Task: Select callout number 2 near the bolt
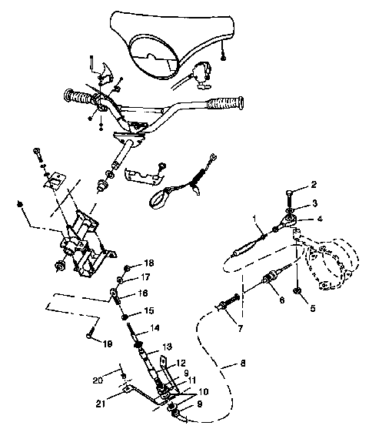click(314, 185)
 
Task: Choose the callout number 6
click(282, 301)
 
